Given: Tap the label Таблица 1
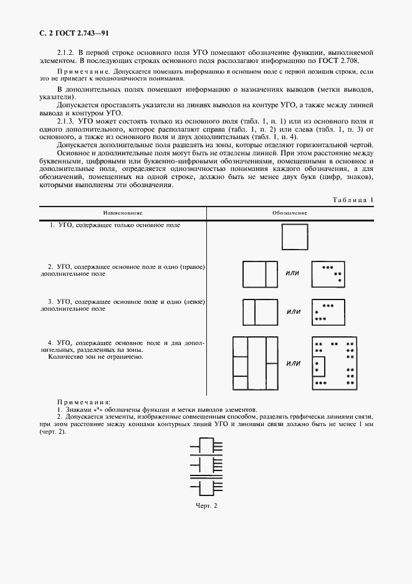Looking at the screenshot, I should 353,200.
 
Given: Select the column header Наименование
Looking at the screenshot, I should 122,213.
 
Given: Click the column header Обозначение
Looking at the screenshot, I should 290,213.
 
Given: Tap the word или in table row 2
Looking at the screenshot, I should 292,273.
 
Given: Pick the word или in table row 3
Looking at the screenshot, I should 294,311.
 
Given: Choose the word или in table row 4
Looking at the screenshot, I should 293,363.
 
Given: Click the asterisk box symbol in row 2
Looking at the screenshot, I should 328,274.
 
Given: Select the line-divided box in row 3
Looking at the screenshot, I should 259,311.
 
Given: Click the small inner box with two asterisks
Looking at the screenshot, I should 318,367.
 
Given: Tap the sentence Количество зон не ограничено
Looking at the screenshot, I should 95,358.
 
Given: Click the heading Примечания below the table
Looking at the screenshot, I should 84,403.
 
